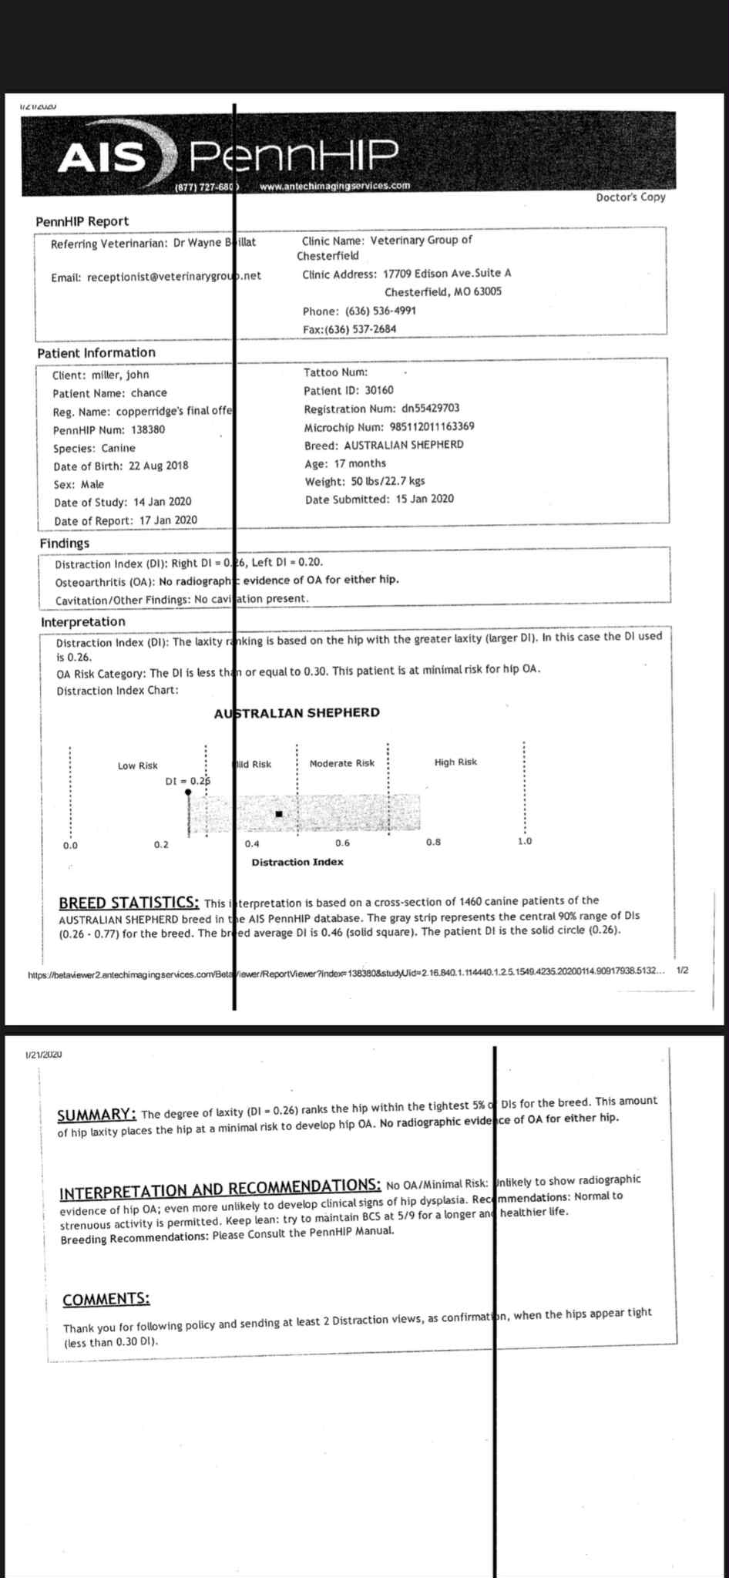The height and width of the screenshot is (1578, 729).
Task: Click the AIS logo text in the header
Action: pos(103,157)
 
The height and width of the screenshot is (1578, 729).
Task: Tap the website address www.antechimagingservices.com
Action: pos(335,186)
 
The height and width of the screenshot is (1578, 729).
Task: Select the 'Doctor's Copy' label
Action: pos(630,197)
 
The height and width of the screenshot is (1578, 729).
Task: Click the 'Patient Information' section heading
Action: pos(96,352)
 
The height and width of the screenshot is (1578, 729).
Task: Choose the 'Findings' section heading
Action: pos(65,543)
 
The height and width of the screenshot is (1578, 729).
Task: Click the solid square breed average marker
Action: pos(279,814)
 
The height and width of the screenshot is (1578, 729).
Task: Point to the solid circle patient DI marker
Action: pos(187,791)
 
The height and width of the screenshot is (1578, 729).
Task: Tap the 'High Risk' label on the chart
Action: pos(455,762)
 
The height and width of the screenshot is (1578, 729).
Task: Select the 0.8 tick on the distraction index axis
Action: pos(433,842)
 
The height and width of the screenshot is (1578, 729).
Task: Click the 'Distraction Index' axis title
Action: pos(297,862)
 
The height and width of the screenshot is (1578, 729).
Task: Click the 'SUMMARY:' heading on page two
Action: pos(98,1115)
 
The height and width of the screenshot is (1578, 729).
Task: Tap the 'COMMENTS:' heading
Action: pos(106,1299)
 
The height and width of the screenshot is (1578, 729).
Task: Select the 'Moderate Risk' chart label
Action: pos(341,763)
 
